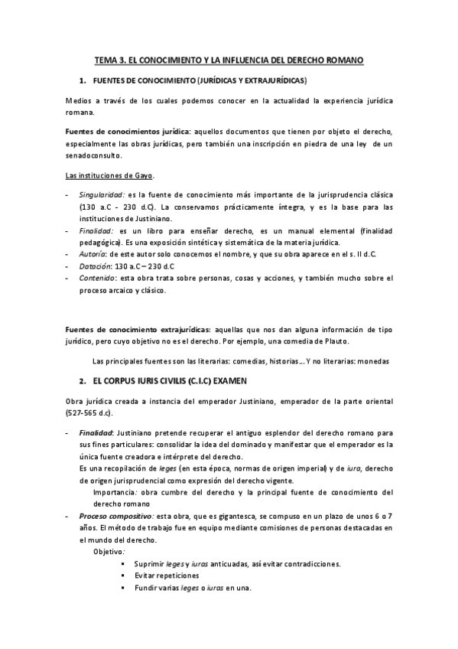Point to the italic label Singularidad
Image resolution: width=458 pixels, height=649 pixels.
(103, 195)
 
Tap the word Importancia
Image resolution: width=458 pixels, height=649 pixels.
(117, 492)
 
